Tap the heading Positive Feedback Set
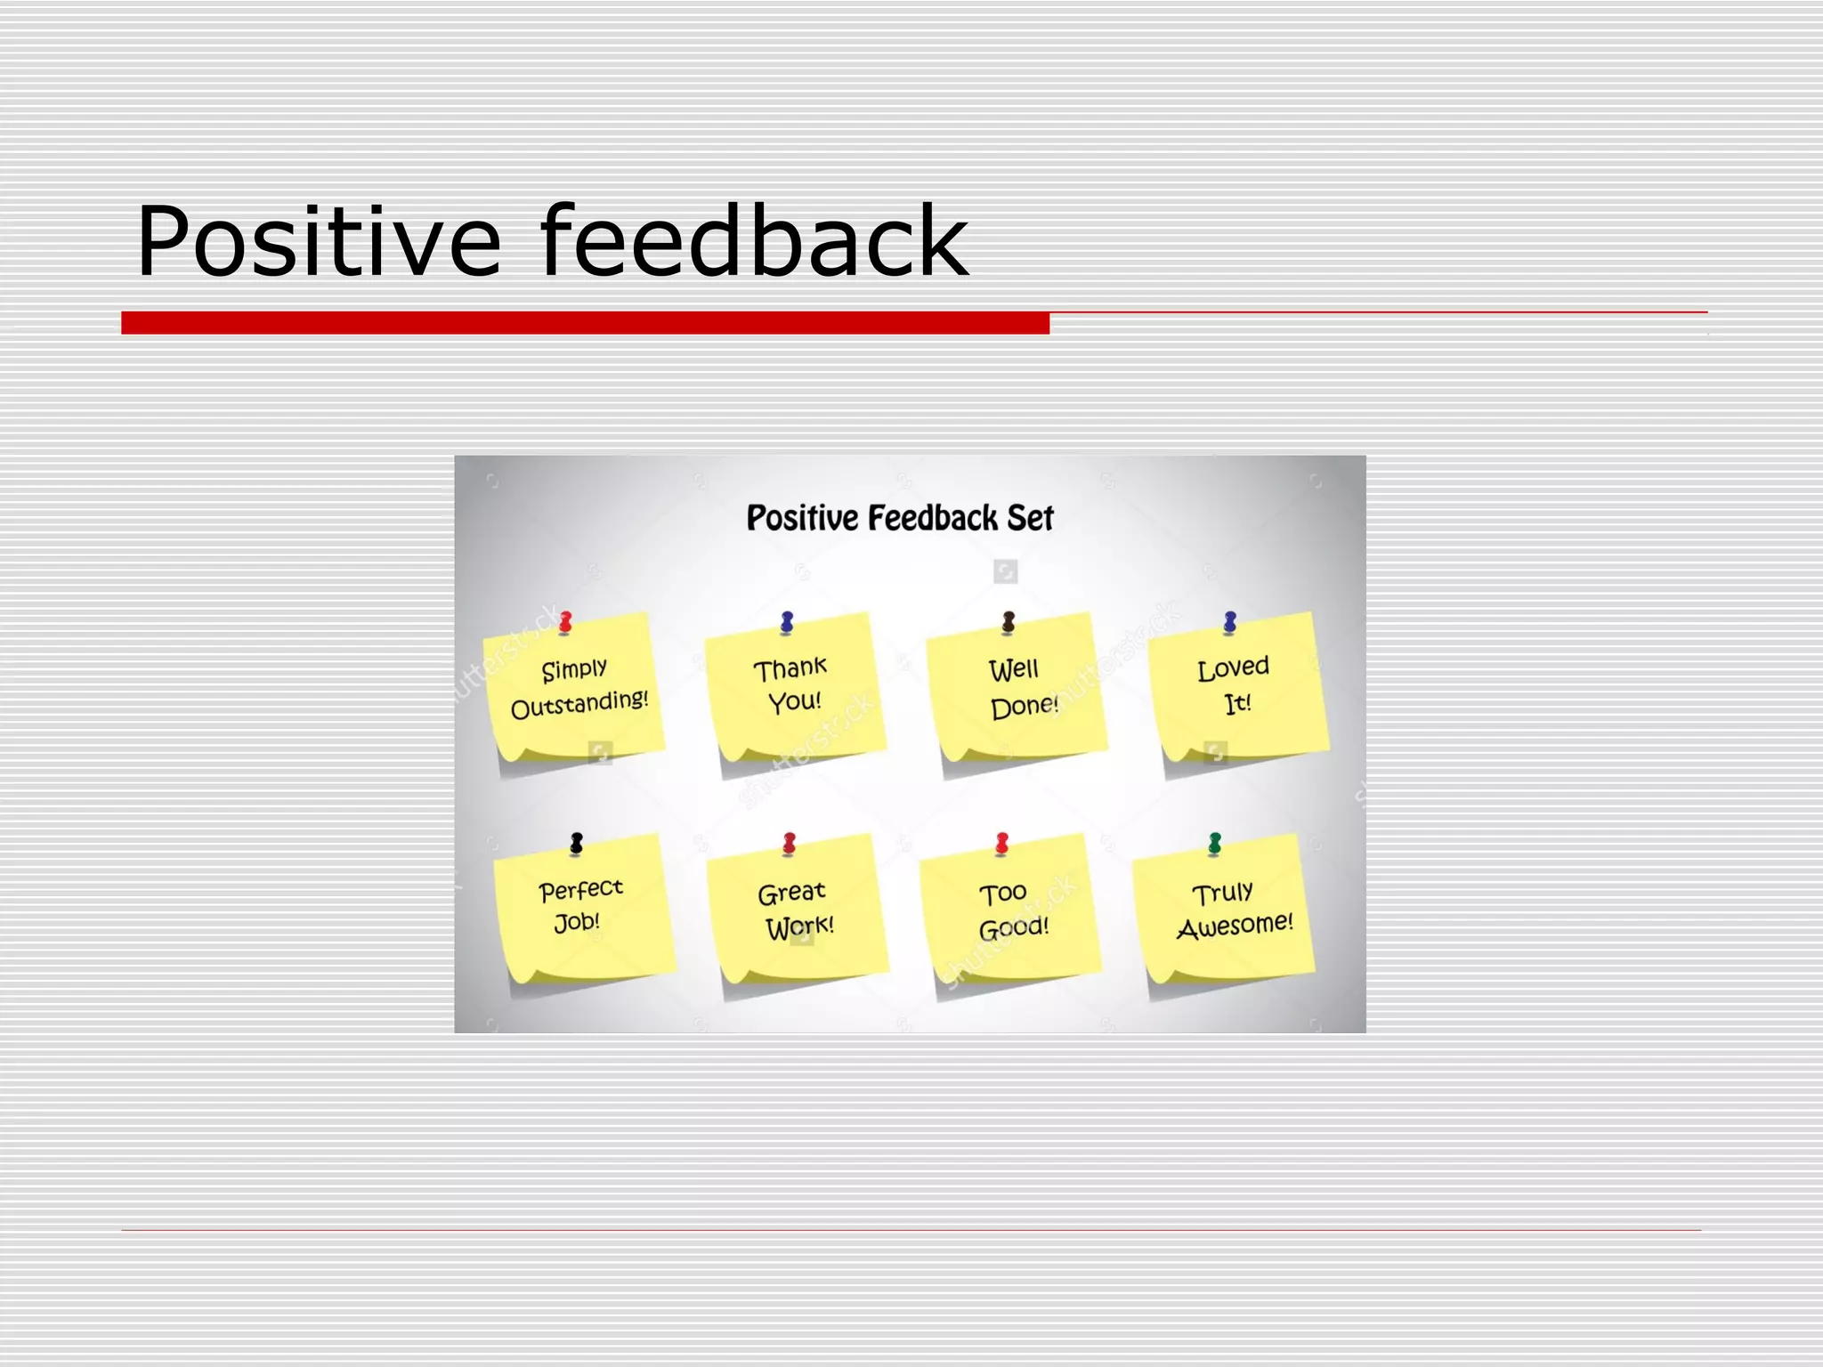tap(899, 518)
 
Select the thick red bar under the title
tap(585, 323)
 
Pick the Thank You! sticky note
tap(794, 687)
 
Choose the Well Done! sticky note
tap(1017, 687)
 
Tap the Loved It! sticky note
tap(1237, 685)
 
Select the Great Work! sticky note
tap(797, 908)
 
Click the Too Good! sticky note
tap(1010, 908)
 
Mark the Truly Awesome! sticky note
tap(1224, 908)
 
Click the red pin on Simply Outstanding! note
tap(565, 621)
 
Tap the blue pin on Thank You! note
tap(787, 622)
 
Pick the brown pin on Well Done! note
tap(1009, 622)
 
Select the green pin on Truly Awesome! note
tap(1215, 843)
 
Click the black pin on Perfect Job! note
tap(577, 842)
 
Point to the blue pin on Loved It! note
tap(1230, 621)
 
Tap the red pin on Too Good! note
tap(1002, 843)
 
